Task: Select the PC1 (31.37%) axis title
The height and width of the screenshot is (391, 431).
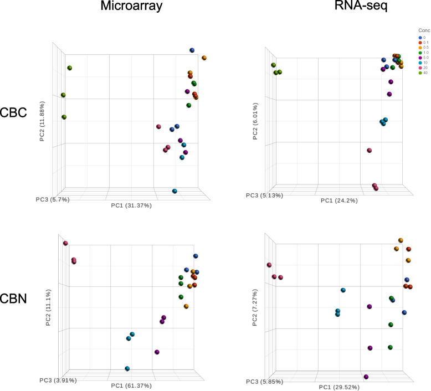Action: pyautogui.click(x=131, y=205)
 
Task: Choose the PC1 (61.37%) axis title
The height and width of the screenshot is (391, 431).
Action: pyautogui.click(x=131, y=385)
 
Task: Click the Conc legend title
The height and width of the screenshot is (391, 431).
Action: pyautogui.click(x=424, y=30)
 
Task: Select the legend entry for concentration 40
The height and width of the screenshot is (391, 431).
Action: pyautogui.click(x=424, y=73)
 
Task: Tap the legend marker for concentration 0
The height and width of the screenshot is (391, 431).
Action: pyautogui.click(x=420, y=37)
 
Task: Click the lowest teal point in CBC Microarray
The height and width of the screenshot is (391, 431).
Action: pyautogui.click(x=175, y=191)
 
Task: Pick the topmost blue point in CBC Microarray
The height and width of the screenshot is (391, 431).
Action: pyautogui.click(x=192, y=50)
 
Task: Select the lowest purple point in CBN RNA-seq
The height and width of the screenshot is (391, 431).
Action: pyautogui.click(x=366, y=377)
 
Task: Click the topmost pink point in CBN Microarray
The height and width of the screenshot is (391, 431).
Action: pyautogui.click(x=65, y=243)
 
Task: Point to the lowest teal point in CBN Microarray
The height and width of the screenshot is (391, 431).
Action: pyautogui.click(x=127, y=368)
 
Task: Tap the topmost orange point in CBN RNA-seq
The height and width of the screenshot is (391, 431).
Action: pyautogui.click(x=401, y=240)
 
